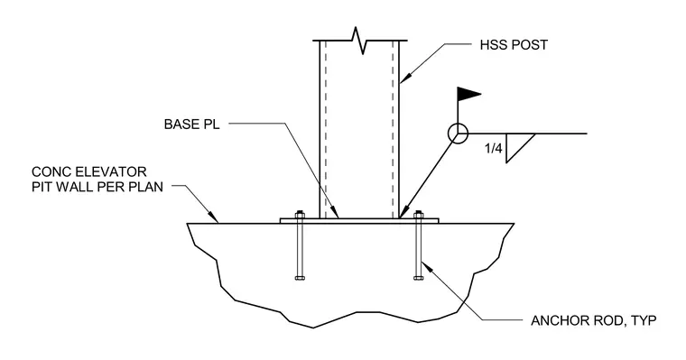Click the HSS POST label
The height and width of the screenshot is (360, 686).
pos(514,45)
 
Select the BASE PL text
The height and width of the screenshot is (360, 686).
pos(191,125)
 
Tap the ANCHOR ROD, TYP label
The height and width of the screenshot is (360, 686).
pos(594,320)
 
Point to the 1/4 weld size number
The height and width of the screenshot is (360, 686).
pos(494,149)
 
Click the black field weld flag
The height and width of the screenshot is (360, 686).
pos(468,94)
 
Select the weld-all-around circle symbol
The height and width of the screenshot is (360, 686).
pos(458,134)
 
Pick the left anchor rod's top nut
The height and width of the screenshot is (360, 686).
pos(300,215)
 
